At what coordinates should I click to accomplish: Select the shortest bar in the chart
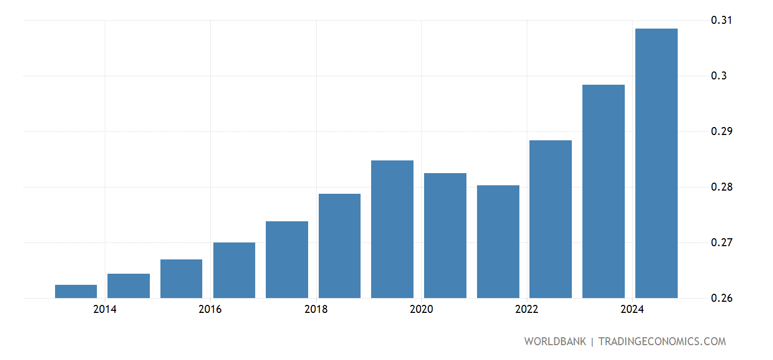pyautogui.click(x=76, y=291)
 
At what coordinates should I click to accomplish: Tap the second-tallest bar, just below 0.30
pyautogui.click(x=603, y=191)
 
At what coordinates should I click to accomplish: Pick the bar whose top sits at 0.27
pyautogui.click(x=234, y=270)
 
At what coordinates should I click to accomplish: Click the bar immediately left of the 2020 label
pyautogui.click(x=392, y=229)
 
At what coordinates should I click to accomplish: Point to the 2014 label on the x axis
pyautogui.click(x=105, y=310)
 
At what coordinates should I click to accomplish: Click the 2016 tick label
pyautogui.click(x=210, y=310)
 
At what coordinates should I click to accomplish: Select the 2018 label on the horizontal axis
pyautogui.click(x=316, y=310)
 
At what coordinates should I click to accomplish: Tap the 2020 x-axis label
pyautogui.click(x=421, y=310)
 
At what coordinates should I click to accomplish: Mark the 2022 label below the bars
pyautogui.click(x=527, y=310)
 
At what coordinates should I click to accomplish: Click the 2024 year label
pyautogui.click(x=632, y=310)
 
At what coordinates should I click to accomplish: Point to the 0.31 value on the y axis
pyautogui.click(x=721, y=21)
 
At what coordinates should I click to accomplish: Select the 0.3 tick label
pyautogui.click(x=718, y=76)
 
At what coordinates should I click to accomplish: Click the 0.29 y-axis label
pyautogui.click(x=721, y=132)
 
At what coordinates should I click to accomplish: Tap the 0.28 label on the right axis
pyautogui.click(x=721, y=187)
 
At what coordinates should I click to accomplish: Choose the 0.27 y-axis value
pyautogui.click(x=721, y=243)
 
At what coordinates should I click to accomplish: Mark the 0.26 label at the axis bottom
pyautogui.click(x=721, y=299)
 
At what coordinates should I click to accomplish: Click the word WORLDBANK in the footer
pyautogui.click(x=555, y=341)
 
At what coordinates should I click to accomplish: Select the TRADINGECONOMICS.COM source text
pyautogui.click(x=662, y=341)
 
